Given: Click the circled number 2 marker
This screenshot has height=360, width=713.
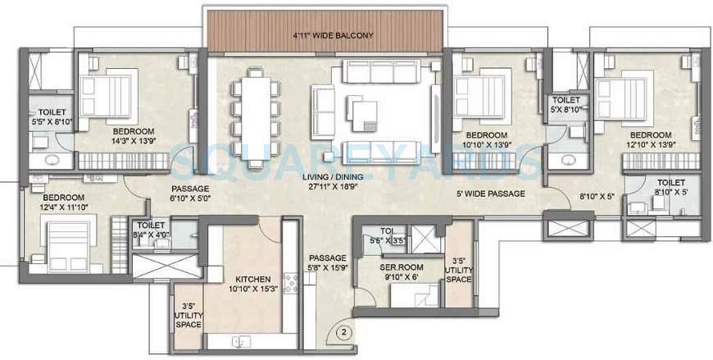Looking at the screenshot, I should (x=345, y=333).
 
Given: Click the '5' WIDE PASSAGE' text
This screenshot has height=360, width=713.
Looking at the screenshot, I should (x=491, y=194).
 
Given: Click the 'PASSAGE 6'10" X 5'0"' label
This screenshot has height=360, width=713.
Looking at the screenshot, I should (x=190, y=193).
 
